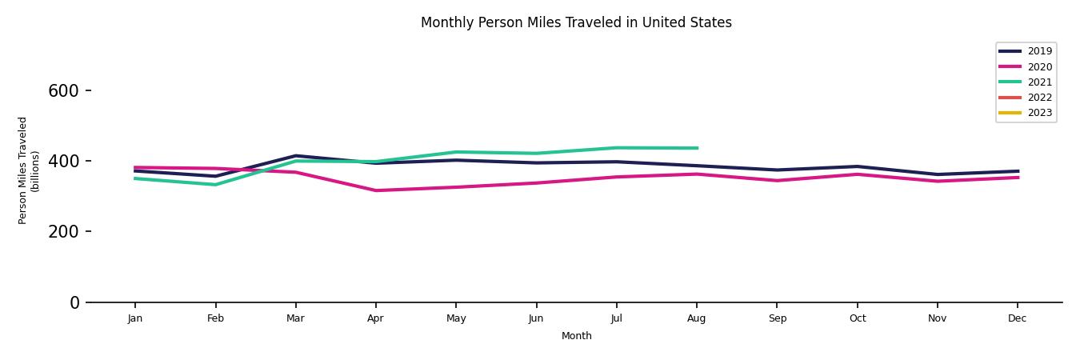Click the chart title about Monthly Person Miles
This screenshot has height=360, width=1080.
click(x=576, y=22)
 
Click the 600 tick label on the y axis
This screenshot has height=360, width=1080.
click(x=63, y=91)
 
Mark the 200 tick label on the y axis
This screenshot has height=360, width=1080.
click(x=63, y=232)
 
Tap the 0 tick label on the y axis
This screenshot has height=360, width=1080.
click(x=75, y=302)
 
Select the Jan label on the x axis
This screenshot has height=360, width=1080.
click(x=135, y=318)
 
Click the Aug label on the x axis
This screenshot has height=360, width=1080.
click(x=697, y=318)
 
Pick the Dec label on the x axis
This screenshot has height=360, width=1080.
click(x=1017, y=318)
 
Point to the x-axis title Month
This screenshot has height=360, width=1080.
click(x=576, y=336)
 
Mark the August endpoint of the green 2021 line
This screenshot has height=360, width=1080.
click(x=697, y=148)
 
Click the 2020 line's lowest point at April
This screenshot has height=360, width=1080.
click(x=375, y=190)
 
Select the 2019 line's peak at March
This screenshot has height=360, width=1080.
click(x=295, y=156)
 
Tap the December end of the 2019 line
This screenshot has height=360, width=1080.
click(x=1018, y=171)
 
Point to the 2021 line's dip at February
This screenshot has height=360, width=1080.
click(x=215, y=185)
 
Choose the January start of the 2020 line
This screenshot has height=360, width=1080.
click(x=135, y=168)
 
